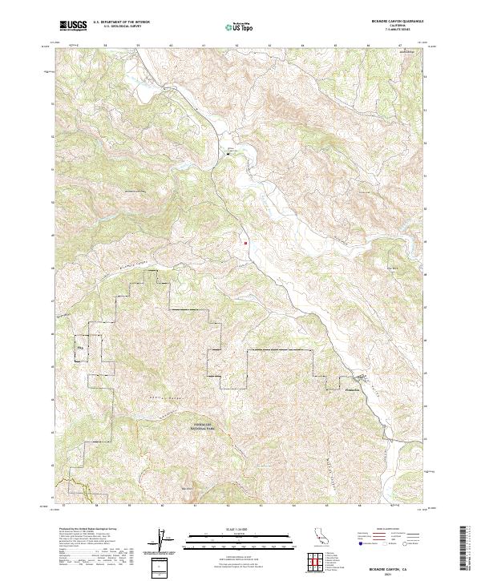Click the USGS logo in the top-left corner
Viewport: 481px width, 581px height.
[x=74, y=26]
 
